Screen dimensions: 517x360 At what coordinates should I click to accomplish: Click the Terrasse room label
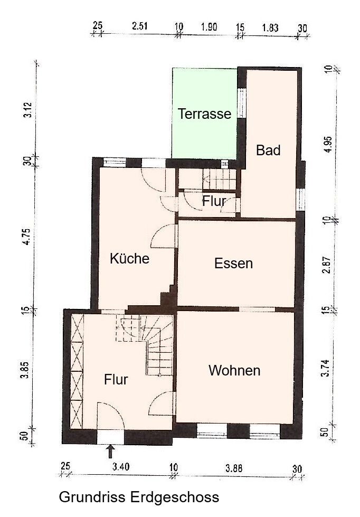(x=204, y=114)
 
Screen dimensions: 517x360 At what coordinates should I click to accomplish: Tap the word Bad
(x=268, y=150)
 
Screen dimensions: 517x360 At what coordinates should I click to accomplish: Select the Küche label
(x=129, y=259)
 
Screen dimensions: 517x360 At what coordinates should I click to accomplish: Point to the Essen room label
(x=233, y=263)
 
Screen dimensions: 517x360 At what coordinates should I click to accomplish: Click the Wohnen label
(x=234, y=371)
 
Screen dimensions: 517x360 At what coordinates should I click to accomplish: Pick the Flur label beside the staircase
(x=116, y=379)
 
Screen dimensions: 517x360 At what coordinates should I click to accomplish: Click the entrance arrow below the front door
(x=111, y=451)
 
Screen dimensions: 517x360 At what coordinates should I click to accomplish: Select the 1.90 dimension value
(x=209, y=27)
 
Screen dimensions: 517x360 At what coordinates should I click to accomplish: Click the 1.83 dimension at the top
(x=270, y=27)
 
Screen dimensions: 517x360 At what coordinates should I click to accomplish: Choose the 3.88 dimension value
(x=234, y=468)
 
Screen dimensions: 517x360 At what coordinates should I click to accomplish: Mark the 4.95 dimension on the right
(x=328, y=144)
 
